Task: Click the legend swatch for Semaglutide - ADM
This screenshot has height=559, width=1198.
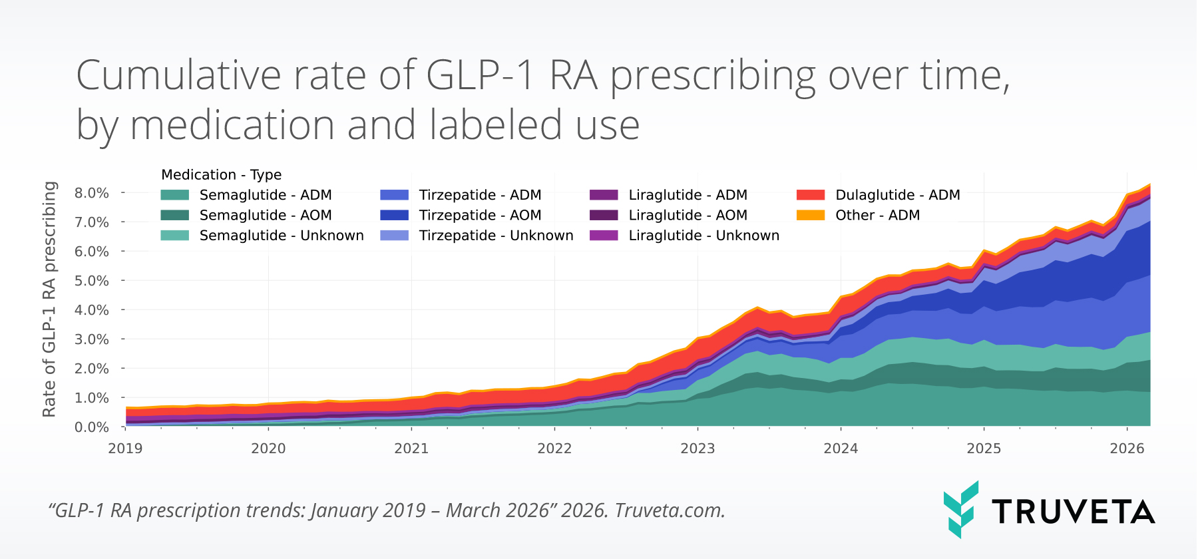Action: coord(174,195)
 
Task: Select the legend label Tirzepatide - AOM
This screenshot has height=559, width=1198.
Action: coord(480,215)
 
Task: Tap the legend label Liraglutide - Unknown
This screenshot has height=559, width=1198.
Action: coord(703,236)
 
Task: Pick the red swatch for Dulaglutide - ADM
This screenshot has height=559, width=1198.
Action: coord(811,195)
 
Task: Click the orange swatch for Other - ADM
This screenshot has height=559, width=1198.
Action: coord(811,215)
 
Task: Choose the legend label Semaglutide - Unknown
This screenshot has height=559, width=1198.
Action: coord(282,236)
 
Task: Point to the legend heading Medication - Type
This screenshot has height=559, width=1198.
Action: coord(221,174)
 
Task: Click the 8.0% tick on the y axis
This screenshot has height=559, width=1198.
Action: coord(92,193)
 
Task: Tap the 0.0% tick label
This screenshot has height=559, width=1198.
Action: coord(92,427)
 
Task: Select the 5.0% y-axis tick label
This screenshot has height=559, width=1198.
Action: coord(92,281)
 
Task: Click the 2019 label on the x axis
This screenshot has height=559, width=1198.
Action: coord(125,449)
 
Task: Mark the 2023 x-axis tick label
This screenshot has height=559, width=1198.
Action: coord(698,449)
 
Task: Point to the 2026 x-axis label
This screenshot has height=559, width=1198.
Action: coord(1127,449)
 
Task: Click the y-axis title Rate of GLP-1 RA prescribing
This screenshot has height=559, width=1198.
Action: coord(49,299)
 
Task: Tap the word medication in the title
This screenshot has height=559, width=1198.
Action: coord(232,125)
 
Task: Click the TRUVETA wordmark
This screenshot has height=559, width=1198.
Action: coord(1073,512)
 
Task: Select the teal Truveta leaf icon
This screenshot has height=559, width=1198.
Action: coord(960,509)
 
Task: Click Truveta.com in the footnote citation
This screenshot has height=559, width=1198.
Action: coord(670,510)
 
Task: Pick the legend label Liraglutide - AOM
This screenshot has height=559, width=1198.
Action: coord(688,215)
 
